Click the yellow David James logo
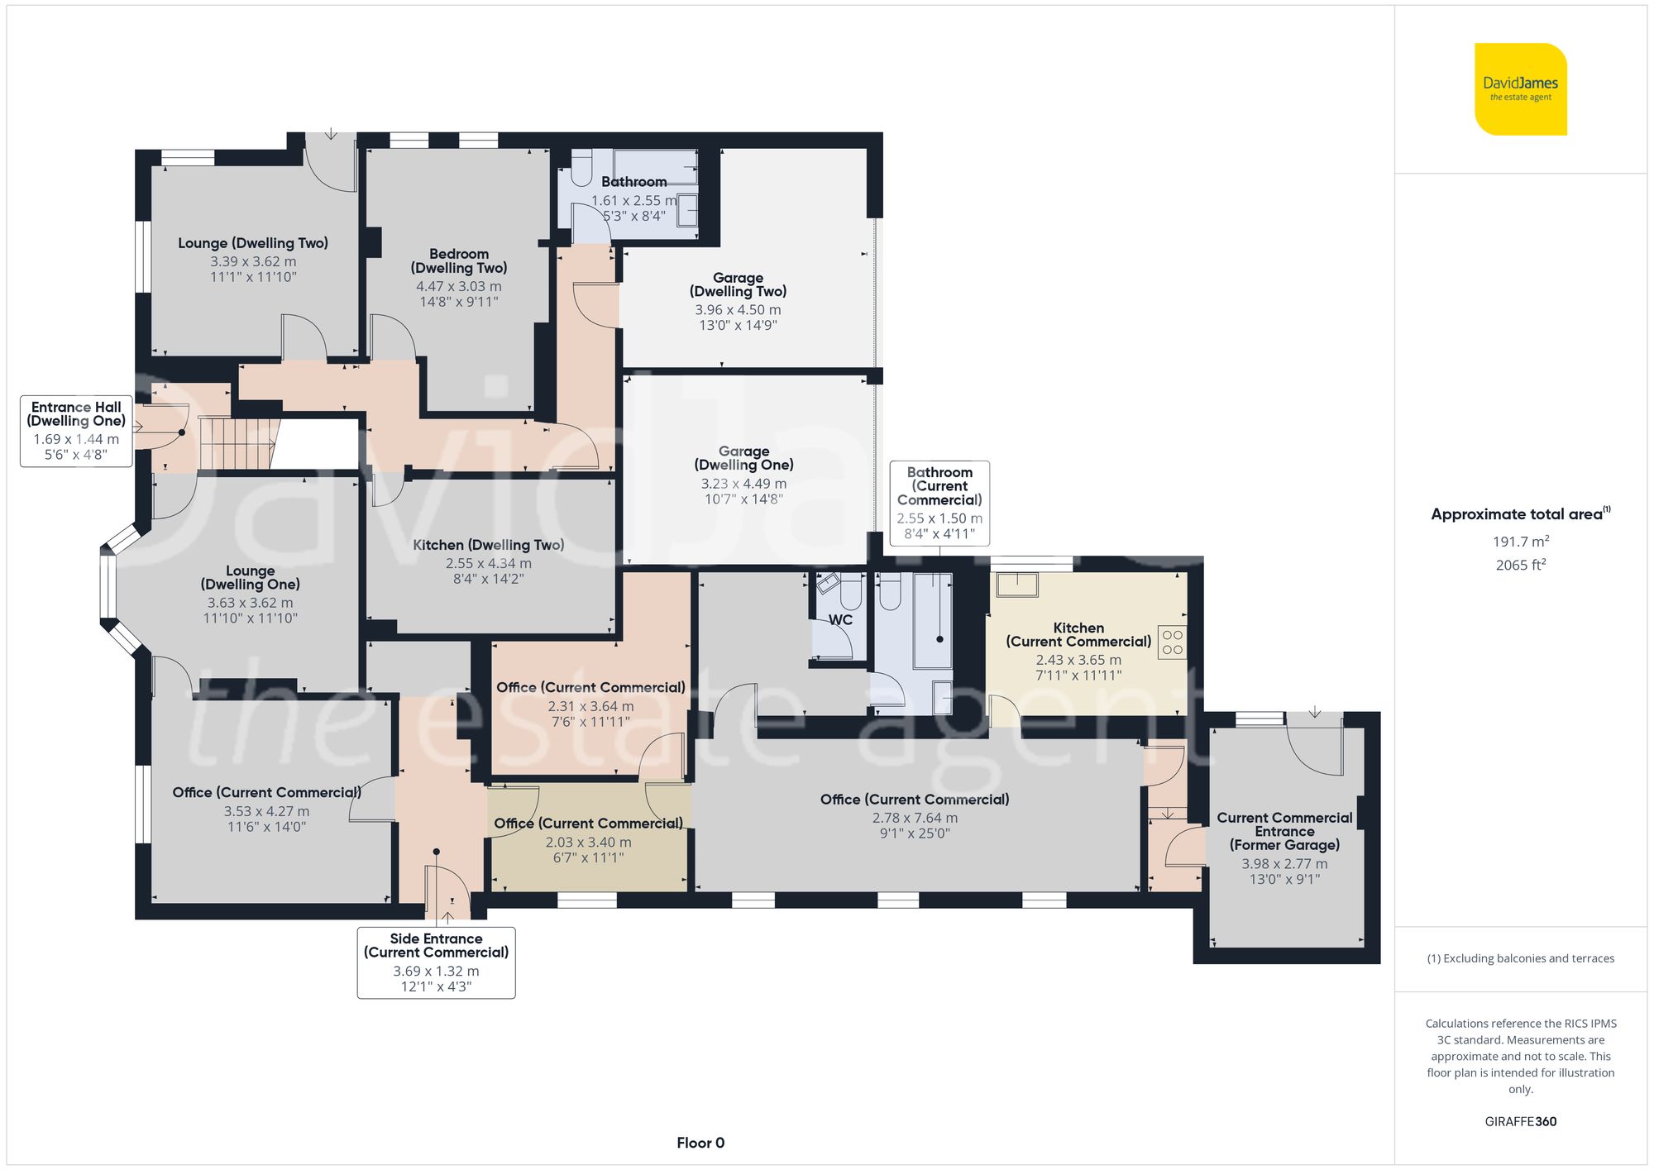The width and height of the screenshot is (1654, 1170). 1521,89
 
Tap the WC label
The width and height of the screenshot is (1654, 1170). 840,620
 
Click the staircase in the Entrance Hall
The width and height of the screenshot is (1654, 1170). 239,443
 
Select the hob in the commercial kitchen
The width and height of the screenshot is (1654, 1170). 1173,642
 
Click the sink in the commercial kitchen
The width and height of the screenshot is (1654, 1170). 1017,584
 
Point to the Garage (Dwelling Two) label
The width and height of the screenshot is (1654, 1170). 739,284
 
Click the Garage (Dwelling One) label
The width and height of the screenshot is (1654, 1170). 743,458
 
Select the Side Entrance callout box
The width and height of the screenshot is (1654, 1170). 436,962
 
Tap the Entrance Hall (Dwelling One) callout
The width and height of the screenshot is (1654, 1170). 76,431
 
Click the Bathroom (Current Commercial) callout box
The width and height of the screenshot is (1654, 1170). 939,503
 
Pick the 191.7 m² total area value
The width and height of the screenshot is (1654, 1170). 1521,542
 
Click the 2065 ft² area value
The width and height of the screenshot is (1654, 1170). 1521,565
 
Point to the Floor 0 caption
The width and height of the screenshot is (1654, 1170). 700,1143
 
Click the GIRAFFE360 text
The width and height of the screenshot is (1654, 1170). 1521,1121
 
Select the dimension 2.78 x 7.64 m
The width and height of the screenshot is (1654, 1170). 915,818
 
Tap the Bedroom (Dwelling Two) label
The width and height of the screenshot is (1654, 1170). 459,260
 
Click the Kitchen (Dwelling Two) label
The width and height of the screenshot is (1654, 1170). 489,545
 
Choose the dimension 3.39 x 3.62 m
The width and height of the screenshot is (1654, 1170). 253,261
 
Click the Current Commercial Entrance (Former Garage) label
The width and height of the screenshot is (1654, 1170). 1284,831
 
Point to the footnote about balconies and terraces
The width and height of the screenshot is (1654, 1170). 1521,958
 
